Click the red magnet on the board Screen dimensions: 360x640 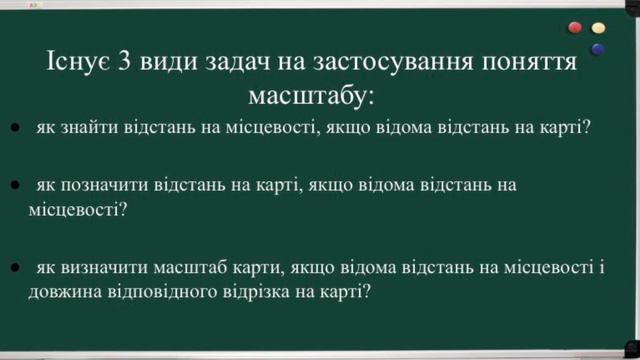coord(575,27)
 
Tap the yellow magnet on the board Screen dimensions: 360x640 coord(599,27)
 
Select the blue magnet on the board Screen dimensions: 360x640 coord(598,47)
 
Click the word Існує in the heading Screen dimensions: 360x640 coord(77,63)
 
